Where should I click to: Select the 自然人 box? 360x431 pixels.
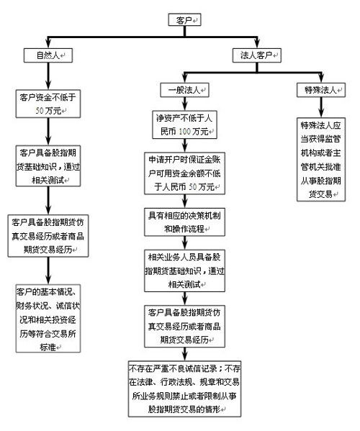(45, 55)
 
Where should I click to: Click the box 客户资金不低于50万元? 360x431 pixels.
(45, 104)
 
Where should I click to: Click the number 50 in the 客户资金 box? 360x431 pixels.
(43, 112)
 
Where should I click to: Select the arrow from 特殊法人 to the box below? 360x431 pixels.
(314, 106)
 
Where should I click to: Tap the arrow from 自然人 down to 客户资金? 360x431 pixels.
(45, 75)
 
